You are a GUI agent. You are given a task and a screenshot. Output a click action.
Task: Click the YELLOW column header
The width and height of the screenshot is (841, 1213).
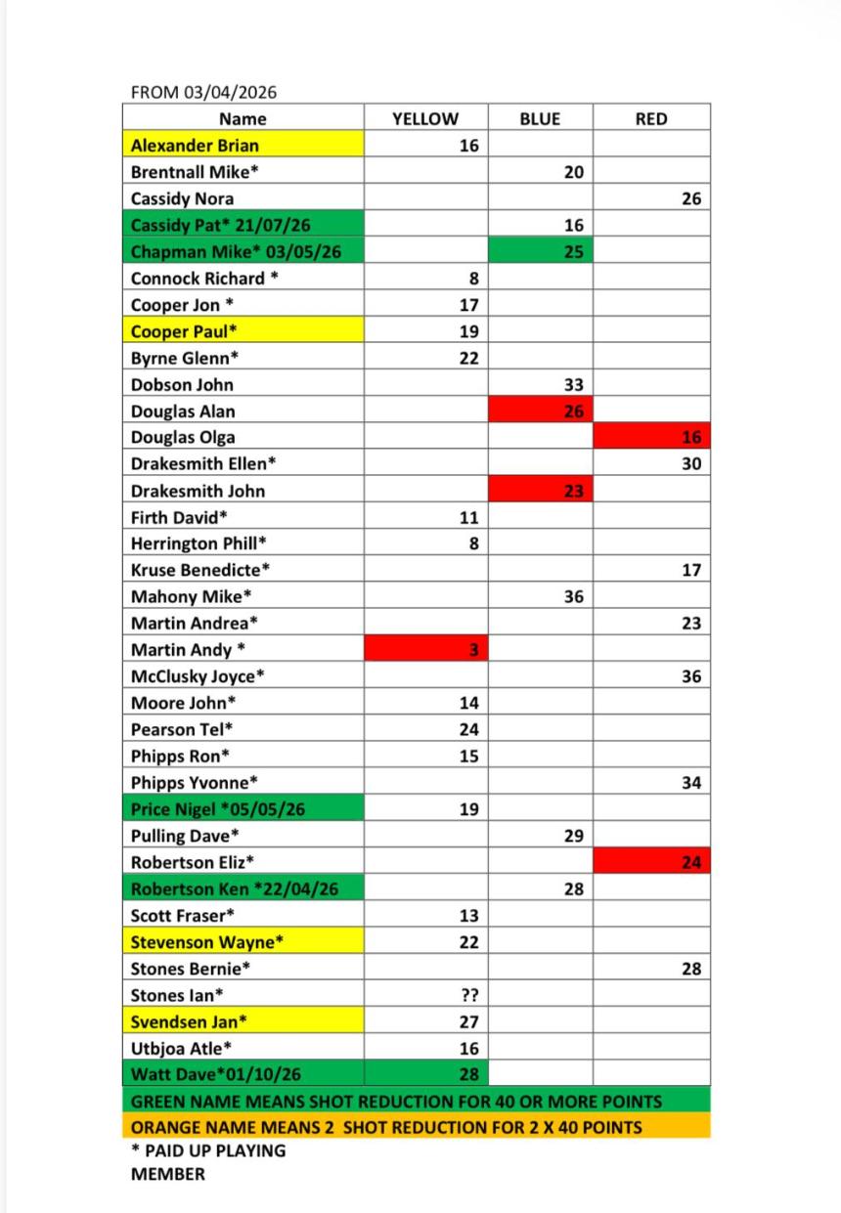point(425,119)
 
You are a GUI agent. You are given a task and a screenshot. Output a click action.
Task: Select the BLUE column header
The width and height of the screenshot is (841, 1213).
point(540,119)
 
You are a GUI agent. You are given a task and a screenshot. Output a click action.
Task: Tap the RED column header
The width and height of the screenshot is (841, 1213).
point(651,119)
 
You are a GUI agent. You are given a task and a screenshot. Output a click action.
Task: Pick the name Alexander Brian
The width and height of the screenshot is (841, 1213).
point(196,146)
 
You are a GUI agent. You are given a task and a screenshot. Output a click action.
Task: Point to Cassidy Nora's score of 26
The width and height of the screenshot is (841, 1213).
point(691,198)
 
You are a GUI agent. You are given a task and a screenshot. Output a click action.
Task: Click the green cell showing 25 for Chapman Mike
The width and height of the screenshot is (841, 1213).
point(574,251)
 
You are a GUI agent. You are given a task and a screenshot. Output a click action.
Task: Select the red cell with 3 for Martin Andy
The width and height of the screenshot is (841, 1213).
point(472,650)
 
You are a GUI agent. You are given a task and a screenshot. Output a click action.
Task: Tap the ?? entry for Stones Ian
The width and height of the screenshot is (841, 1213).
point(468,996)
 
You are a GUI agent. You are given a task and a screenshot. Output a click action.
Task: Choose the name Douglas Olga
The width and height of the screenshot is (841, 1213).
point(183,438)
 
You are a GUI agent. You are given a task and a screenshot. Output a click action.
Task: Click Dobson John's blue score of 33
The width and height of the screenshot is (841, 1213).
point(574,385)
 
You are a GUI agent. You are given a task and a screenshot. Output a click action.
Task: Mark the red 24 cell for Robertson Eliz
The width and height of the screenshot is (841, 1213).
point(691,863)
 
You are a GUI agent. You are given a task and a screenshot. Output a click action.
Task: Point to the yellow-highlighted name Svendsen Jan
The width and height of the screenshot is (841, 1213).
point(189,1022)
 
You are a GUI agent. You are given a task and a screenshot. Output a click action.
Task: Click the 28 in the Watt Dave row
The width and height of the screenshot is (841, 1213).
point(468,1075)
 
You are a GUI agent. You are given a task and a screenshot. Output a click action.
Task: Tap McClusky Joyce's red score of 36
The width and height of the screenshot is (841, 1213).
point(691,676)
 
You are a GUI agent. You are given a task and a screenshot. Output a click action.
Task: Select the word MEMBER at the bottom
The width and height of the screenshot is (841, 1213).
point(168,1175)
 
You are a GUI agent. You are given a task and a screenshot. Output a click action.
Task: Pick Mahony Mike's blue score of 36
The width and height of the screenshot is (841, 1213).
point(574,596)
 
